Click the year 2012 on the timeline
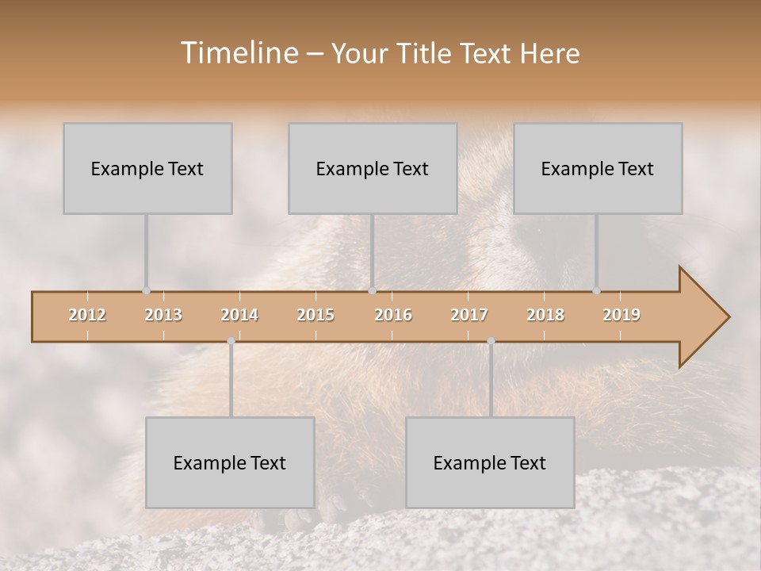click(x=87, y=315)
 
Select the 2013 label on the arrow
click(x=163, y=315)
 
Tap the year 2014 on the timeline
click(x=239, y=315)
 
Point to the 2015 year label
click(x=315, y=315)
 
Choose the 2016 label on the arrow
click(x=393, y=315)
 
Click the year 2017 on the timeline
click(x=469, y=315)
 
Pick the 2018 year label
click(x=545, y=315)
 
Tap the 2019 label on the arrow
click(x=621, y=315)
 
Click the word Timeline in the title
click(x=237, y=53)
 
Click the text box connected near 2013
click(x=147, y=168)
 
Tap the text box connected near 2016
click(x=373, y=168)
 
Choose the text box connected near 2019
click(x=598, y=168)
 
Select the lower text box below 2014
click(x=230, y=462)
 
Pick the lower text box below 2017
click(x=490, y=462)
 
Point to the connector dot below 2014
click(x=231, y=341)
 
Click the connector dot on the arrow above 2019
click(x=596, y=291)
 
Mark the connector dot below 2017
click(x=491, y=341)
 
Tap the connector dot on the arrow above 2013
click(x=146, y=291)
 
